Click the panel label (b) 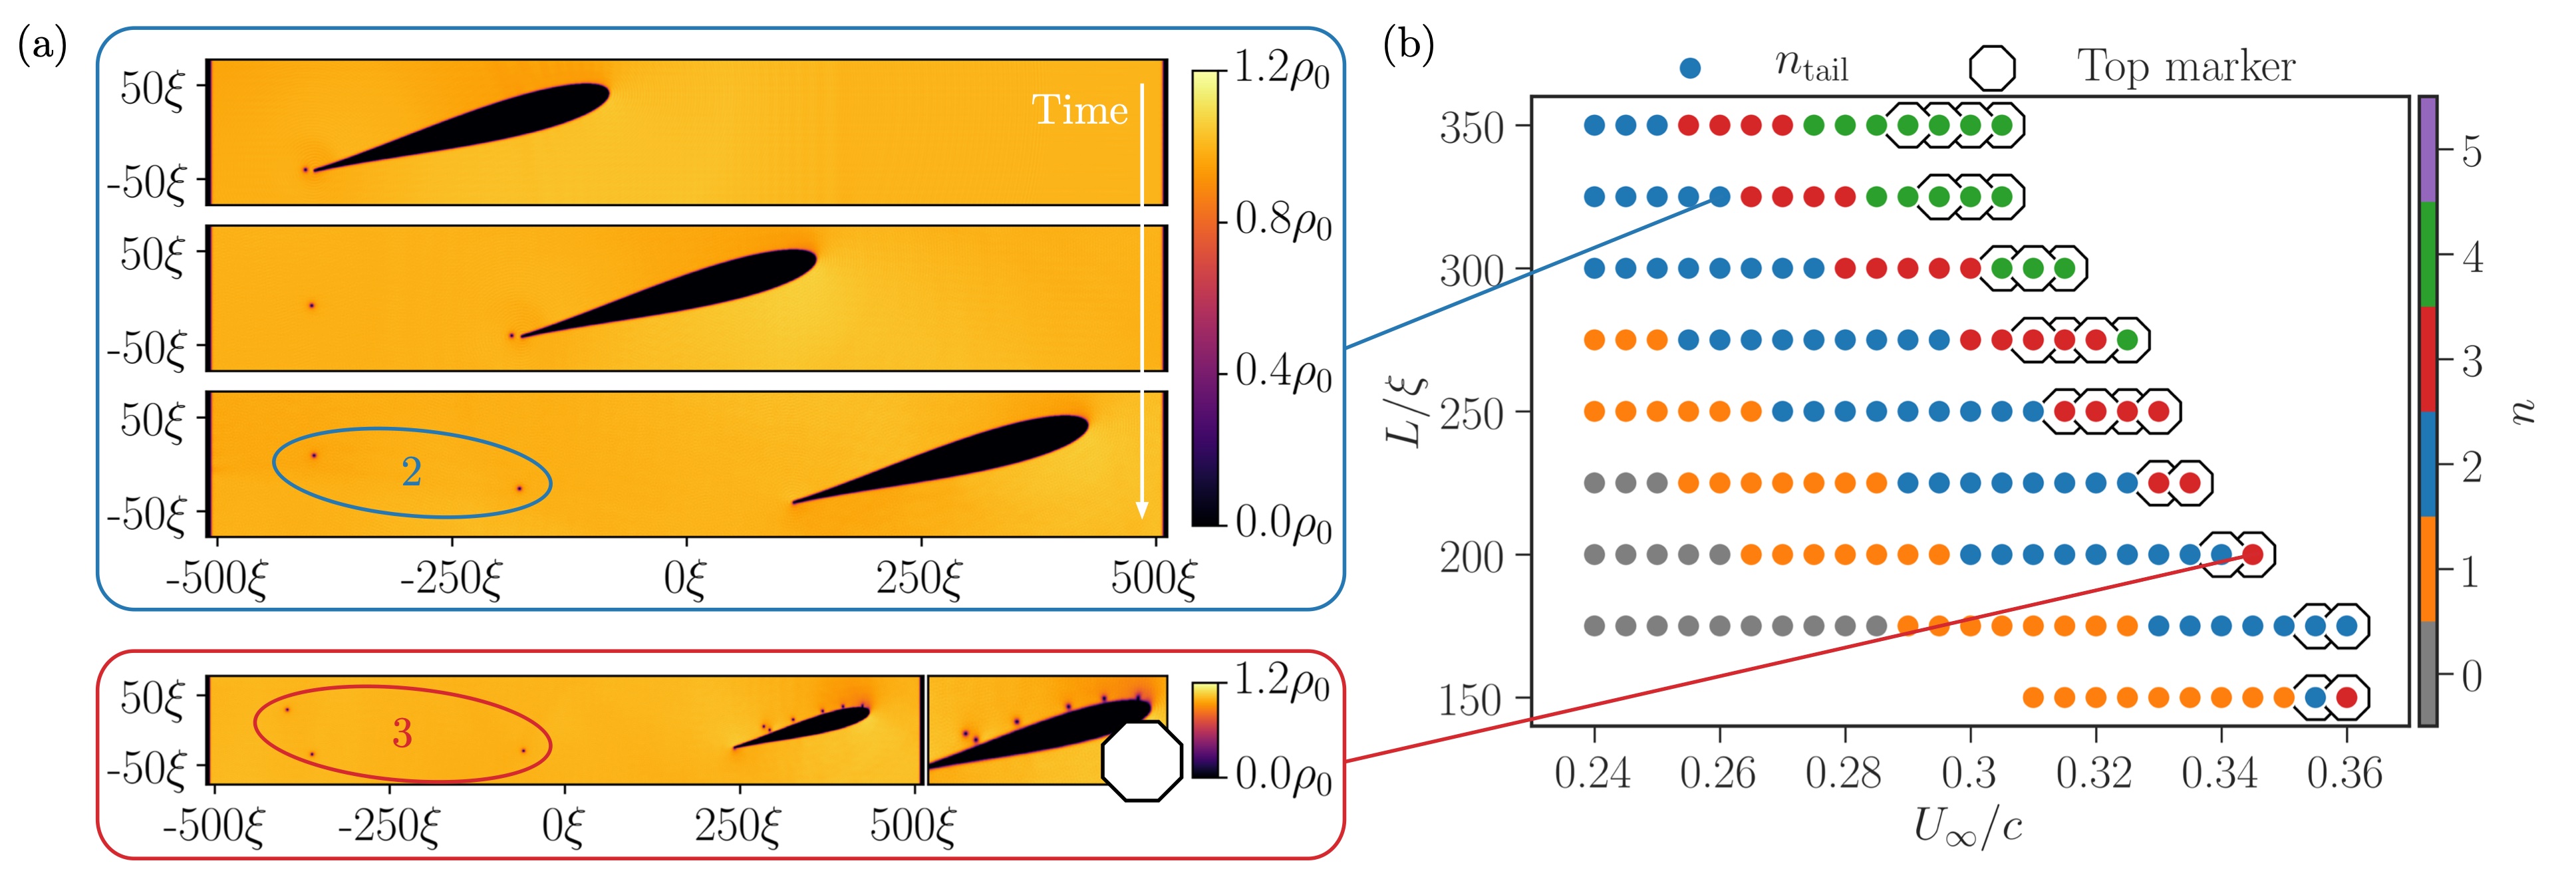[1407, 45]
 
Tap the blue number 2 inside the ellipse [412, 471]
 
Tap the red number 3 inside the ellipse [402, 733]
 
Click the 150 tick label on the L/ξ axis [1471, 701]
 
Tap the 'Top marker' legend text [2186, 67]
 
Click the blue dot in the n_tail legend [1691, 68]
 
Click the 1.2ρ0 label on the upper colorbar [1282, 70]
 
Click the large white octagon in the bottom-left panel [1141, 760]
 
